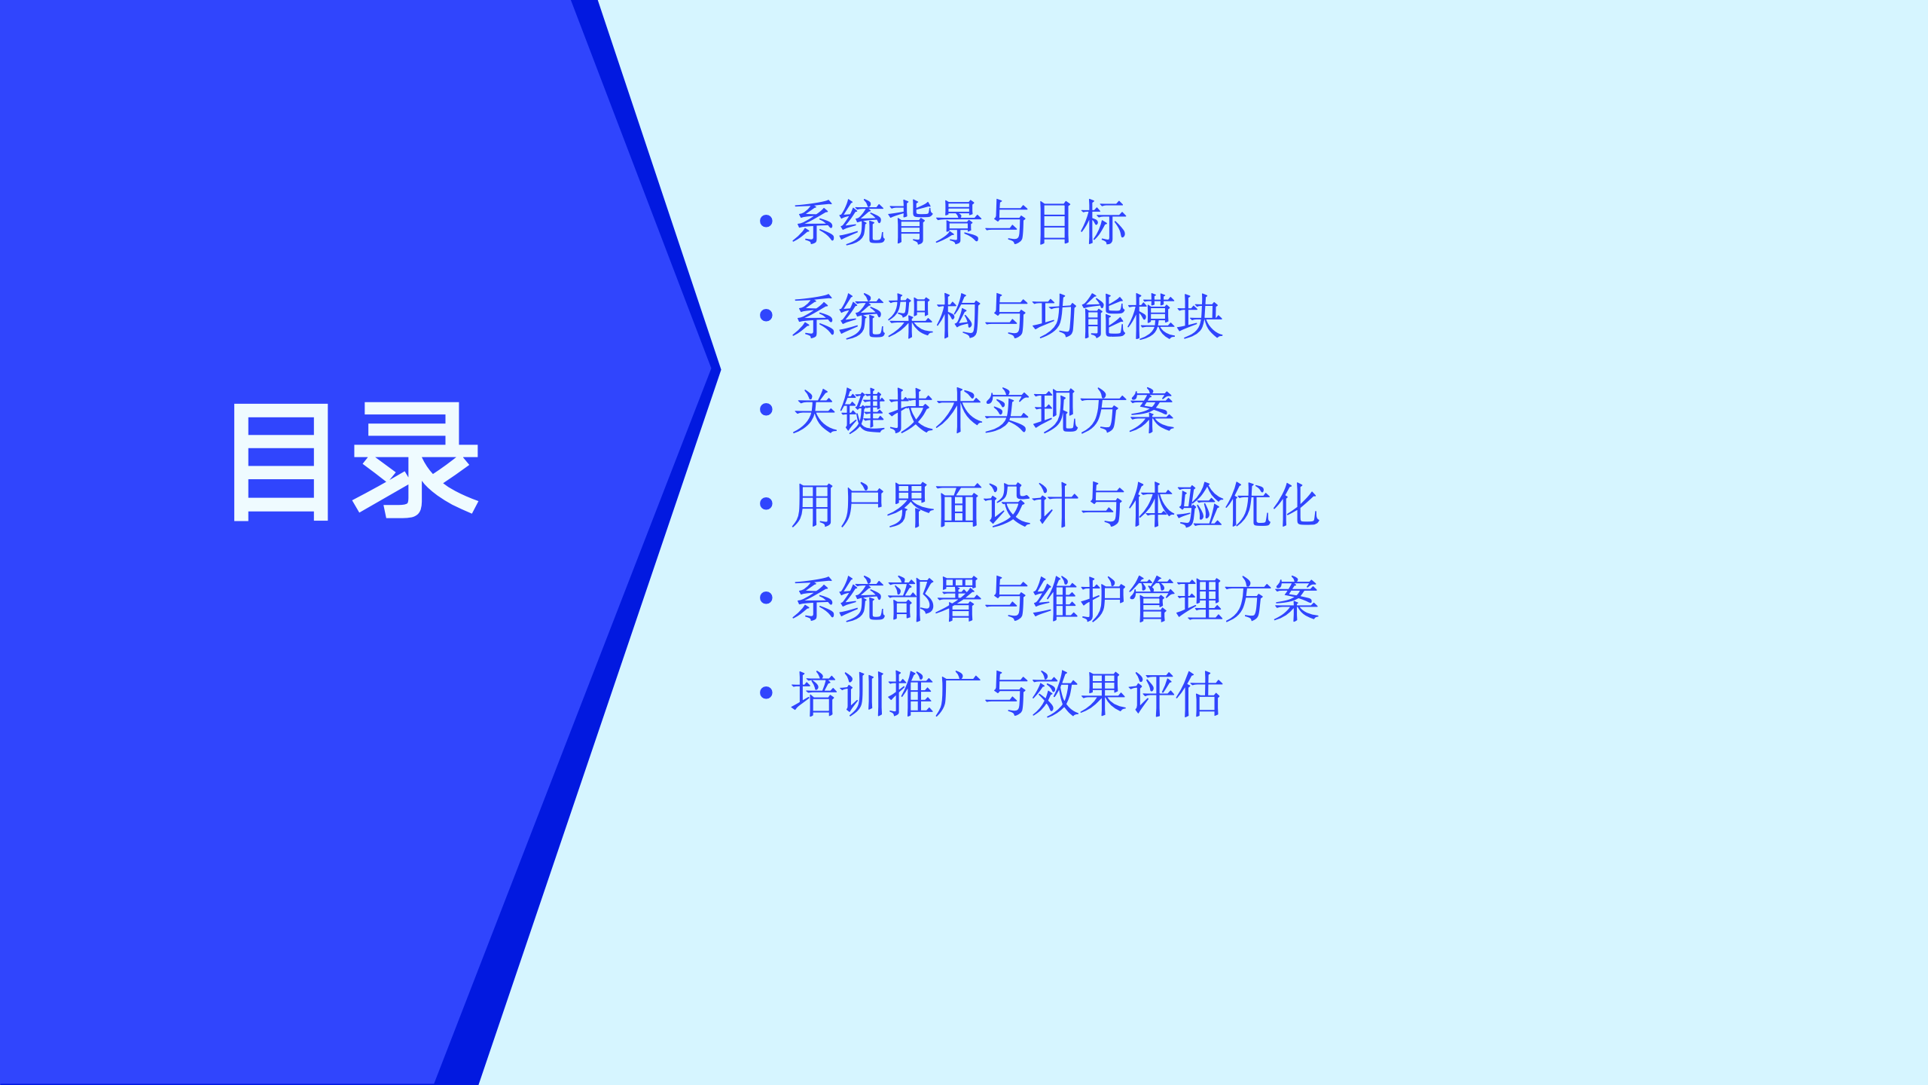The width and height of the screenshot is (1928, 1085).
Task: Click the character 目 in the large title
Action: coord(281,462)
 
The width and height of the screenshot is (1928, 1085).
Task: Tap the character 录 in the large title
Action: coord(416,460)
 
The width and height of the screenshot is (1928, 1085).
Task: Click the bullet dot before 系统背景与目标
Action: coord(767,221)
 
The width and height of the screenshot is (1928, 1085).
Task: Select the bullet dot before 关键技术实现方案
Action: coord(767,409)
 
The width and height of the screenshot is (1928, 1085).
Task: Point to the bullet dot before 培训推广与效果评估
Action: coord(767,692)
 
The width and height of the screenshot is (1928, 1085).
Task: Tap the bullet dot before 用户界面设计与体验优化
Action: coord(767,503)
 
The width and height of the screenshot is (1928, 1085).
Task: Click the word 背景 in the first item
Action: coord(934,222)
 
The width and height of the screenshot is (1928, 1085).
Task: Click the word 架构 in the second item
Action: coord(934,316)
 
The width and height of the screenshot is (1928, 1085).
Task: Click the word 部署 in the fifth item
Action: coord(934,600)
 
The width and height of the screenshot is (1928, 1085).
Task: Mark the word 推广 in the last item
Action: coord(934,694)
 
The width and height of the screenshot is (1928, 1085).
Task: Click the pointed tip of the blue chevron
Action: coord(721,369)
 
